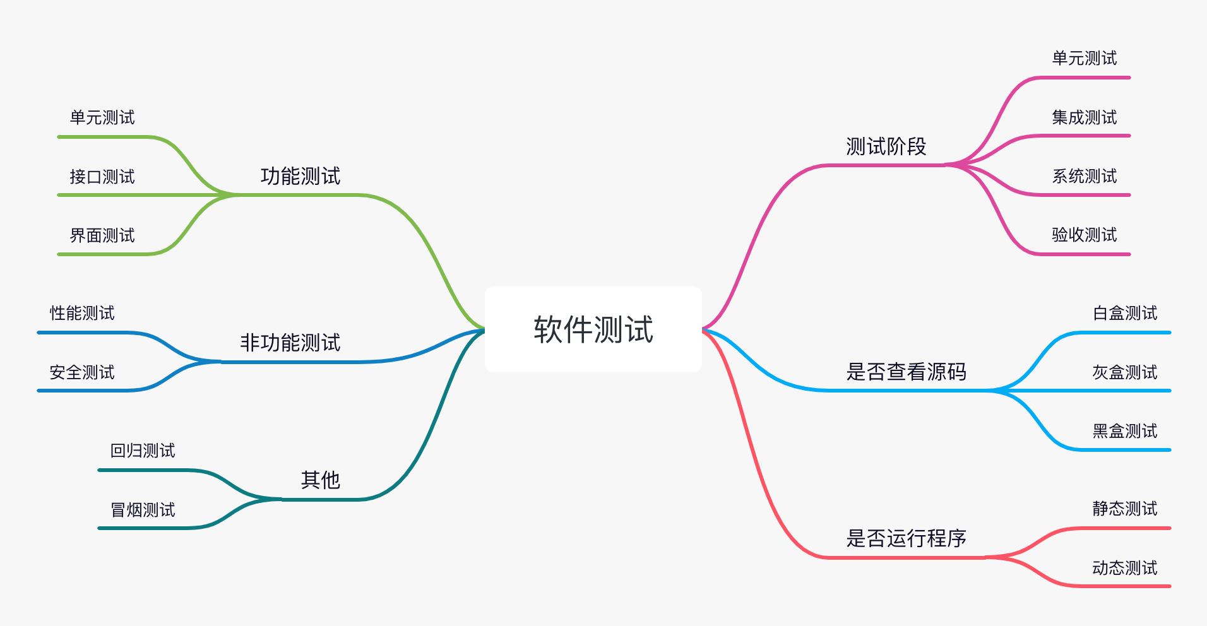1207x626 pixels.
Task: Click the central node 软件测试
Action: pos(593,329)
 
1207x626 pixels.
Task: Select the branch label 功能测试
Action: pos(300,176)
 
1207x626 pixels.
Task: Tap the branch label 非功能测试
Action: pos(290,343)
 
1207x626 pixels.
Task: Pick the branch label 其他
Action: pos(321,480)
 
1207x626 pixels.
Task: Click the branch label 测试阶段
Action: pos(886,146)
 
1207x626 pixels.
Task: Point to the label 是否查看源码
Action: pos(906,372)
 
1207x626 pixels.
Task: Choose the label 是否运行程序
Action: pos(906,538)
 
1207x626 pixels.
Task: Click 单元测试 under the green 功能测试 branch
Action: pos(102,117)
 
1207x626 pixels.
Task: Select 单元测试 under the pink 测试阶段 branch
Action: pos(1084,59)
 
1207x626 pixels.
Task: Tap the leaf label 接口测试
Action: pos(102,177)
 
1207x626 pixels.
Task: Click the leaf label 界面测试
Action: pos(102,235)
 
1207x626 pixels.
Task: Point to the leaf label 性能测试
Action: pos(82,313)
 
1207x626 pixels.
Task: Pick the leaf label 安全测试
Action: pos(82,372)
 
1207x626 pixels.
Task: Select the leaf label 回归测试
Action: pos(143,451)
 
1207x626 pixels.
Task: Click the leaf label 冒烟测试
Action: pos(143,510)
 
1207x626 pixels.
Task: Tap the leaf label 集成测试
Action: pos(1084,117)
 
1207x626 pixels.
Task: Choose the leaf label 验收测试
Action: pos(1084,235)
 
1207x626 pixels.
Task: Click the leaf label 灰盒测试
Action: pos(1125,372)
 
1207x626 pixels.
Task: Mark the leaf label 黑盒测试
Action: pos(1125,431)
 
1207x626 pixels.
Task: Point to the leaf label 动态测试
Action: pos(1125,568)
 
